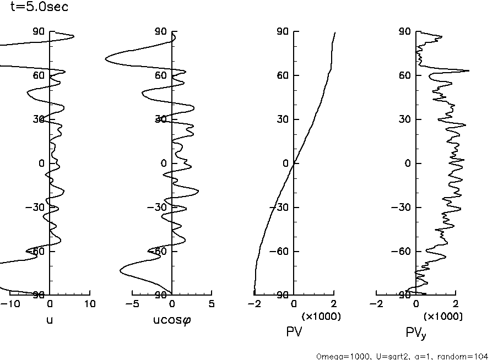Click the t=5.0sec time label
click(x=39, y=8)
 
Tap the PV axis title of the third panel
click(x=294, y=332)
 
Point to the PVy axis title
click(x=416, y=333)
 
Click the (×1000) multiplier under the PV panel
click(x=321, y=317)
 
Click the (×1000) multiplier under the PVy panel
click(x=443, y=317)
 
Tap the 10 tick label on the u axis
click(x=90, y=304)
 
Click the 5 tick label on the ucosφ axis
click(x=212, y=304)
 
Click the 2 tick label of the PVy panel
click(x=456, y=304)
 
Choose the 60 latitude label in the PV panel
click(x=284, y=75)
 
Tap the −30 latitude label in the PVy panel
click(x=404, y=208)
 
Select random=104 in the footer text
click(x=468, y=356)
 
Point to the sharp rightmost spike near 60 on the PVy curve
click(x=469, y=70)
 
